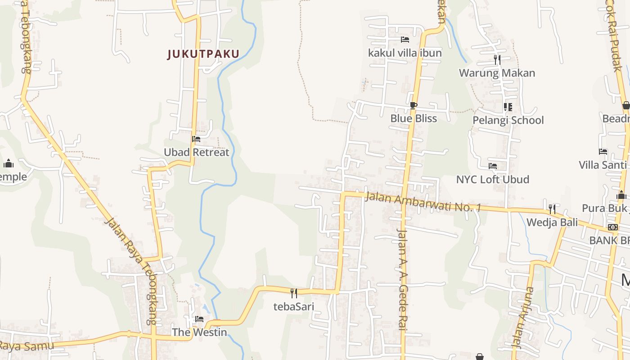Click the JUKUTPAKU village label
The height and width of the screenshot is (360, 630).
point(203,54)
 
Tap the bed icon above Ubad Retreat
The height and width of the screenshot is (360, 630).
point(196,139)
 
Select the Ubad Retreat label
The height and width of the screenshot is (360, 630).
point(196,152)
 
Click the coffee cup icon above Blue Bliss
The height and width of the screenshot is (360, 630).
point(414,106)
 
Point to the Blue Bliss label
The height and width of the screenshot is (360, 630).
point(414,118)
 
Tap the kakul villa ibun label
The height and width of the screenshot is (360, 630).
point(405,53)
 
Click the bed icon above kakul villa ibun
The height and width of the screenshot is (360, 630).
point(405,40)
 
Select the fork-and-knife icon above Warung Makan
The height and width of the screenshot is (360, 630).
point(497,59)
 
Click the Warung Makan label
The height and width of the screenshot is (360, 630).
point(497,73)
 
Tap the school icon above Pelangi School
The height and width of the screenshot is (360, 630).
point(508,107)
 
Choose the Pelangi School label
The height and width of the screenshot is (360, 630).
point(508,120)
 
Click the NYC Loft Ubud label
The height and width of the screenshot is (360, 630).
point(492,179)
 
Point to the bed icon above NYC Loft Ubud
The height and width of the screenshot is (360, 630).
point(493,166)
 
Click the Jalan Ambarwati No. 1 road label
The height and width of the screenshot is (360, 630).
point(423,202)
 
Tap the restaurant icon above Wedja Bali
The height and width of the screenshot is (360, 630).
point(552,209)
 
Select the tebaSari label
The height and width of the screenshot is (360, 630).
point(294,306)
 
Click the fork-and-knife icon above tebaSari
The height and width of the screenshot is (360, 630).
point(294,293)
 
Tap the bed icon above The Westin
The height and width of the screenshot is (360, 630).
point(199,319)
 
